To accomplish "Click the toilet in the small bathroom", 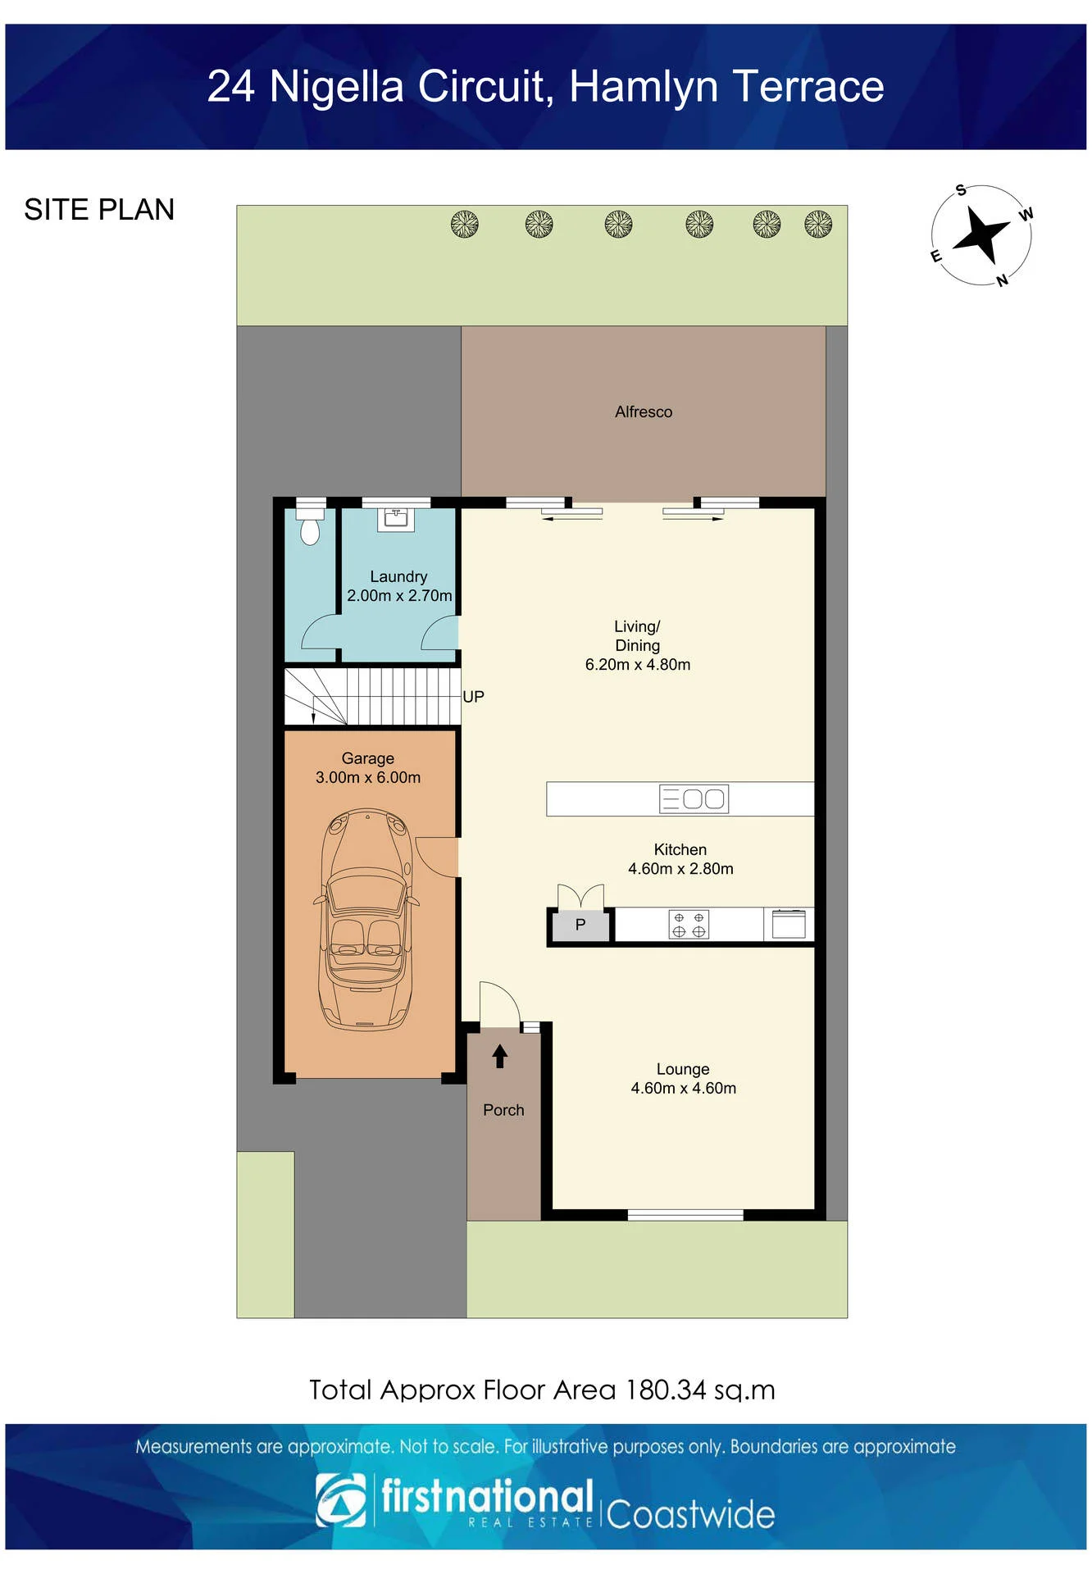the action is click(x=310, y=525).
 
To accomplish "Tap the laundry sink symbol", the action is click(x=396, y=519).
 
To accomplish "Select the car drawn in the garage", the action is click(x=366, y=919).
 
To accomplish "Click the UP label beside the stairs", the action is click(x=474, y=697).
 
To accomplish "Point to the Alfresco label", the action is click(x=644, y=412).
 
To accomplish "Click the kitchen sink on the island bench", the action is click(x=694, y=799).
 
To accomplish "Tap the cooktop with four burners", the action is click(x=689, y=925).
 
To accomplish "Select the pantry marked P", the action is click(x=580, y=926).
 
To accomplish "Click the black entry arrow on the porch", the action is click(x=500, y=1056).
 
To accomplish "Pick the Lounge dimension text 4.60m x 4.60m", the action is click(x=683, y=1088).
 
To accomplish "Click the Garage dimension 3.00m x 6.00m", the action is click(x=368, y=777).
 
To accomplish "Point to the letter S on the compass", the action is click(x=961, y=190).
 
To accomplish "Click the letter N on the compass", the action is click(x=1002, y=280).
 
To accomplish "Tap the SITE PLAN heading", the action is click(x=99, y=210).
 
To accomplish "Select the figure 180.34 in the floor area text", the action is click(x=666, y=1390).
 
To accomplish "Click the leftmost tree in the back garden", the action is click(x=465, y=224).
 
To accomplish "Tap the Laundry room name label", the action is click(x=398, y=576).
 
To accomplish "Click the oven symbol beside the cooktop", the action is click(x=789, y=924).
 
